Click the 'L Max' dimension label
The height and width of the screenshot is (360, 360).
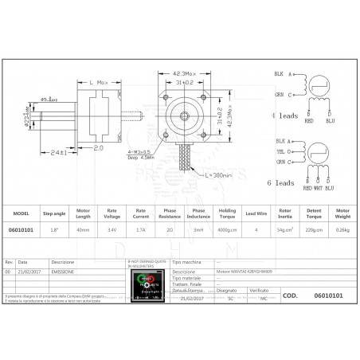tap(100, 82)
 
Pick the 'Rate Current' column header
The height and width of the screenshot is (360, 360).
tap(140, 215)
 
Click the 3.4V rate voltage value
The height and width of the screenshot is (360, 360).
tap(112, 229)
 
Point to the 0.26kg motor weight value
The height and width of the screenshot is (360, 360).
tap(342, 229)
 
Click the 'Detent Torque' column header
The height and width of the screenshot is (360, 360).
tap(312, 215)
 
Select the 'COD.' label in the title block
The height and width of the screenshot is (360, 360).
tap(290, 294)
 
